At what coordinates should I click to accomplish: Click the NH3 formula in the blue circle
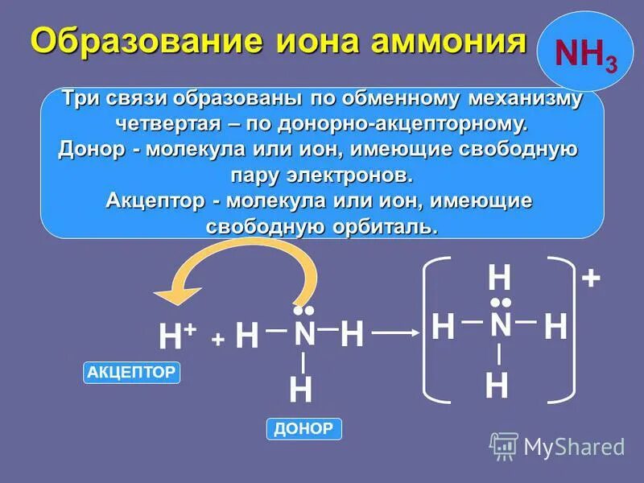click(585, 56)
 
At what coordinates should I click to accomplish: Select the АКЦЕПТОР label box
click(131, 372)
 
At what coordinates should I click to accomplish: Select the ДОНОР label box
click(303, 429)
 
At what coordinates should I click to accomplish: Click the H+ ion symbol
click(175, 336)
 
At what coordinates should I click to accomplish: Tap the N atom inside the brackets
click(500, 325)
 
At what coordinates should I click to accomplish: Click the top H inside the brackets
click(499, 279)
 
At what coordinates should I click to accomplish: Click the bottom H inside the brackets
click(497, 387)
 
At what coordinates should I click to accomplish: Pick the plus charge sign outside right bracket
click(591, 279)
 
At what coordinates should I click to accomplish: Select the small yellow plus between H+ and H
click(217, 340)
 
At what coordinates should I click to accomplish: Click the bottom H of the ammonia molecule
click(300, 391)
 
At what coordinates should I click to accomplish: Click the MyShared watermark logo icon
click(504, 445)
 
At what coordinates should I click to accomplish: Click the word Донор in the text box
click(89, 150)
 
